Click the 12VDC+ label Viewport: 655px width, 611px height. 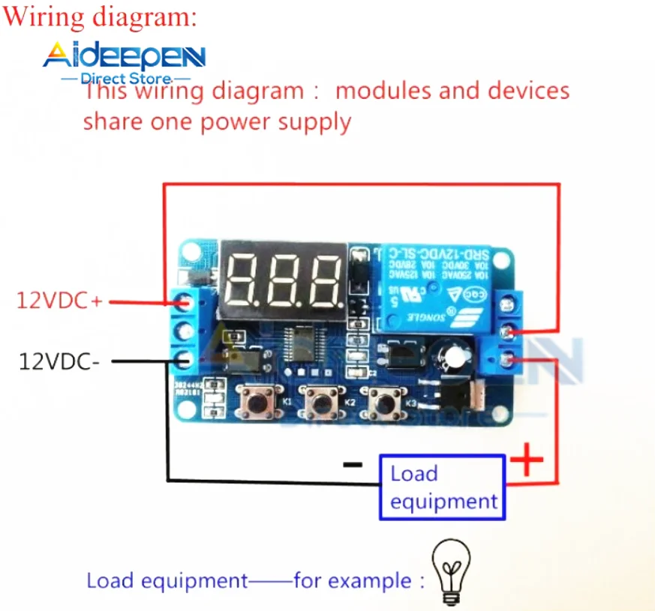59,301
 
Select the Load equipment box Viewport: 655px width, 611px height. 442,487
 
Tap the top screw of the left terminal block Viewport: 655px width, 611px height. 182,302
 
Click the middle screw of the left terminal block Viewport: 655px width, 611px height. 182,331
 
